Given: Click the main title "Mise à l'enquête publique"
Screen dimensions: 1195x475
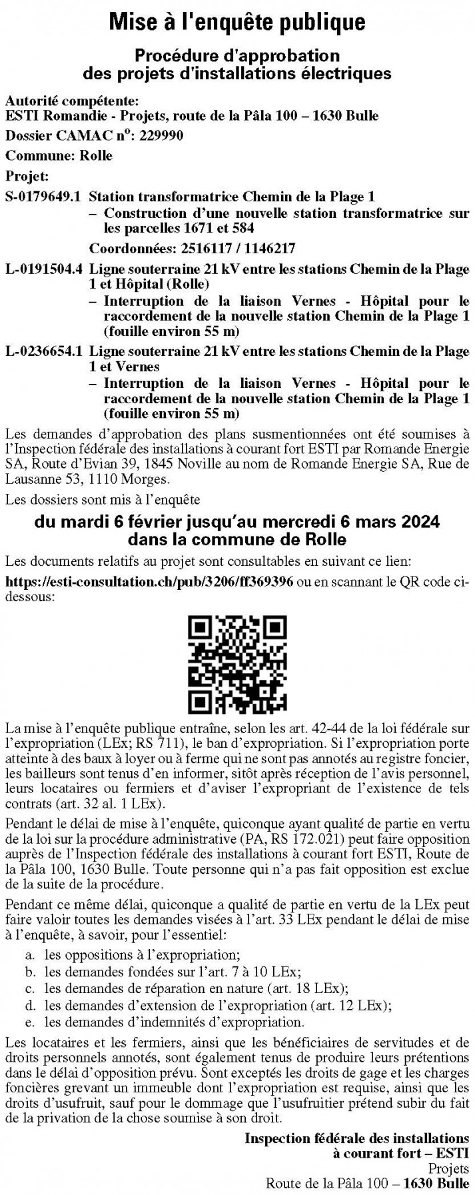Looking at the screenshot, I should [237, 22].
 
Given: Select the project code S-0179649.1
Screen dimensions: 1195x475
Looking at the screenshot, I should [43, 197].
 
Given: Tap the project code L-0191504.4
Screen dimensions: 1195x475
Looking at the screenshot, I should [44, 270].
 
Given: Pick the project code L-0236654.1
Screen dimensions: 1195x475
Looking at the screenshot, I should [44, 350].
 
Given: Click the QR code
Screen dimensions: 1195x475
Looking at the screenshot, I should [238, 662].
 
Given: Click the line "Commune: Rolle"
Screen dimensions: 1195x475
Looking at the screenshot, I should [59, 155].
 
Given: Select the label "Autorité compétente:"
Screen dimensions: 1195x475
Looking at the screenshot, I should [72, 101].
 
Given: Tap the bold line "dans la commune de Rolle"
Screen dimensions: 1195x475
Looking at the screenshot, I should [237, 538].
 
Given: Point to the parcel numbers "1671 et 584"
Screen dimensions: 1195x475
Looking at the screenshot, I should [217, 228].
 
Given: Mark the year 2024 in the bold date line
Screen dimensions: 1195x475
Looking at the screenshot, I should [420, 521].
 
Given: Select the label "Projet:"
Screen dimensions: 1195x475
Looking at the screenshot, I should [27, 176].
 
